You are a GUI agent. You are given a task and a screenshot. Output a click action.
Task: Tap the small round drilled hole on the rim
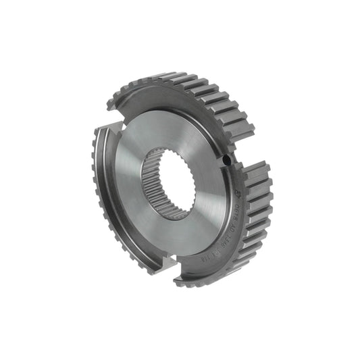226,161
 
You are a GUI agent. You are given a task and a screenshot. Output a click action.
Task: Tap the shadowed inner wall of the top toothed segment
169,101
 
